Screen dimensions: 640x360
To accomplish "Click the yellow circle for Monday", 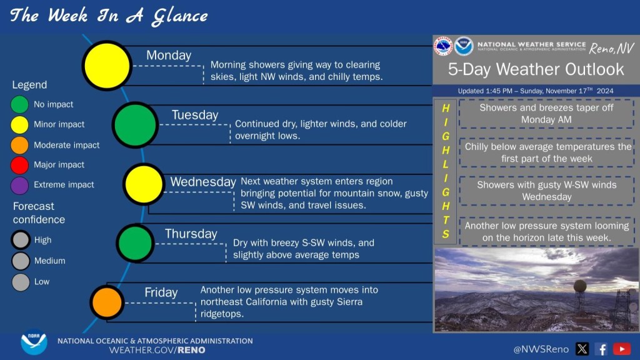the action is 107,65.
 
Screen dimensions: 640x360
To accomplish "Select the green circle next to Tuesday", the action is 135,124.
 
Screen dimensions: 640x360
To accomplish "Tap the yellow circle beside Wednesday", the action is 144,184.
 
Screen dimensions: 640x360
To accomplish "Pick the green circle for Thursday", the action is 135,243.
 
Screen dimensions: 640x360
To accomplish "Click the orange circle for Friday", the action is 107,302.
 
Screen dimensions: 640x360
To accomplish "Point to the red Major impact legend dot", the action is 19,165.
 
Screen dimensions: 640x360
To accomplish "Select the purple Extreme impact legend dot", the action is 19,185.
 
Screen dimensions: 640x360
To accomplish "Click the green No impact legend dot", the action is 19,104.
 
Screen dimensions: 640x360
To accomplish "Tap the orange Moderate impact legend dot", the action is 19,145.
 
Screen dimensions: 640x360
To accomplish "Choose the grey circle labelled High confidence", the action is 21,239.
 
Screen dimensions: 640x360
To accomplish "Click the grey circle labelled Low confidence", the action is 21,282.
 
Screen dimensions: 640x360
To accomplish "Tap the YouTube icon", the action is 622,349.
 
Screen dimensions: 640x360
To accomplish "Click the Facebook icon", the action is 601,349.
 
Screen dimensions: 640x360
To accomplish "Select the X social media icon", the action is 582,349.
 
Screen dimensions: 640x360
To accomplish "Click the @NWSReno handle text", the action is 541,349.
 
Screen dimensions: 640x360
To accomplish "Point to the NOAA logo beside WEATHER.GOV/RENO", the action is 34,342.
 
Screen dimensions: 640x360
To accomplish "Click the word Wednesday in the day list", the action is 203,182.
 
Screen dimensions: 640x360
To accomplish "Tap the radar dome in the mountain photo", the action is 580,286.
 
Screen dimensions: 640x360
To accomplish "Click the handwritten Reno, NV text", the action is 611,49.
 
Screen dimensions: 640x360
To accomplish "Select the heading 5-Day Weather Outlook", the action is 536,69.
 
